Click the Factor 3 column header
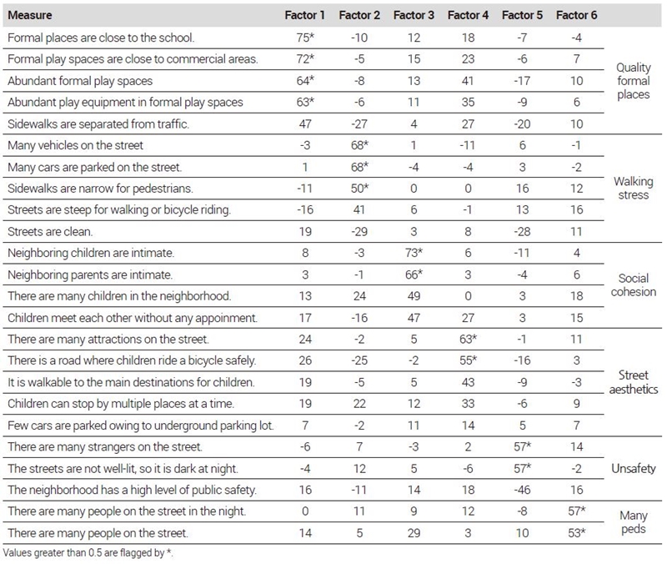414,15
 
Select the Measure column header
30,15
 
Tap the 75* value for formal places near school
305,38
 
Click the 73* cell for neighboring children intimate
414,253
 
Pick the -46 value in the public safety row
522,490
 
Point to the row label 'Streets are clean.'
50,232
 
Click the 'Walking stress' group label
634,189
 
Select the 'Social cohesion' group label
634,285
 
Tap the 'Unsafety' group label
634,469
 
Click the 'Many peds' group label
634,522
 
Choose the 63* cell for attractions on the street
468,340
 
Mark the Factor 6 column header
576,15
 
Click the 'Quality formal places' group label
634,81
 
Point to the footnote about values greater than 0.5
88,553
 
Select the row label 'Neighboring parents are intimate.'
90,274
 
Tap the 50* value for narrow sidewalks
359,189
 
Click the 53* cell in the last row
577,533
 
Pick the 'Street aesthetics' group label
634,382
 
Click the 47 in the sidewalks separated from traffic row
305,123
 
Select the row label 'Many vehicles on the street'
75,145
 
